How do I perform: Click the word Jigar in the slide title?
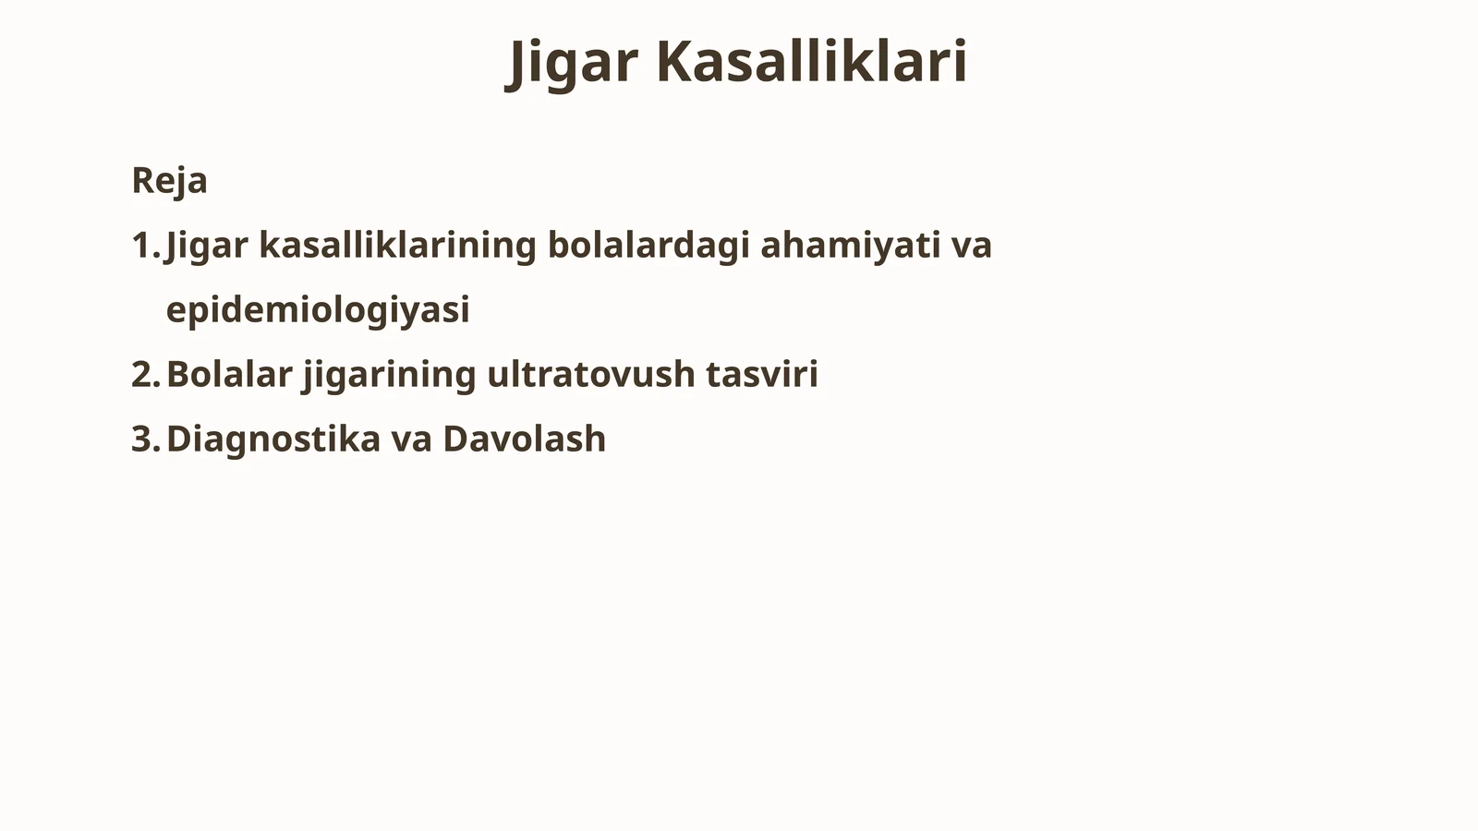point(573,62)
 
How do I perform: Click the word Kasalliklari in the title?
point(812,62)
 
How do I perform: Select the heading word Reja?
point(169,180)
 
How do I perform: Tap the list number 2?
point(144,374)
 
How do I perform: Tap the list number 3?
point(144,439)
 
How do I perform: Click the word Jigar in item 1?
point(207,246)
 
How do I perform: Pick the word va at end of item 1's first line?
point(972,246)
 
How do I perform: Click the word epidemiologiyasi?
point(318,310)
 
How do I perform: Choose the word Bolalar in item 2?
point(229,374)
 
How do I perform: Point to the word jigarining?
point(389,375)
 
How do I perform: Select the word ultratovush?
point(590,374)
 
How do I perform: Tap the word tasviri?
point(762,374)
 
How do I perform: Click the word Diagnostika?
point(273,439)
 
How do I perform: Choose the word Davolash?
point(524,439)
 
